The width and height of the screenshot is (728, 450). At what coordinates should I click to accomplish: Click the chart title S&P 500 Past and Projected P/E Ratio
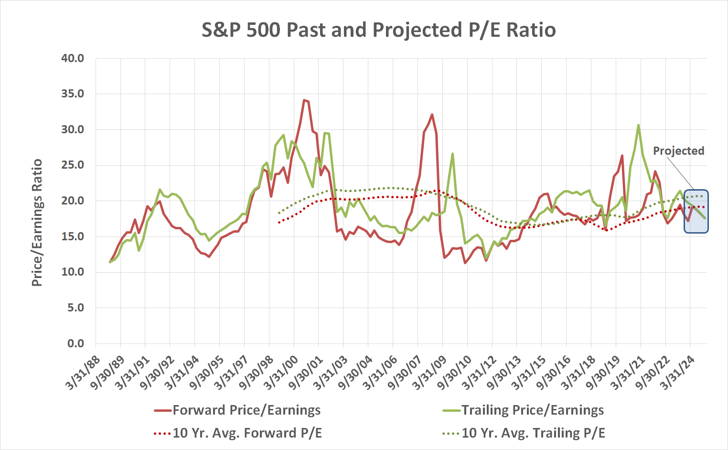pos(378,30)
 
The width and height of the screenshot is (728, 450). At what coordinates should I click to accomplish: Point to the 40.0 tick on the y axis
pos(73,58)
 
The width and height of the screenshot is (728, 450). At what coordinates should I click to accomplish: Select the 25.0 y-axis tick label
pos(73,165)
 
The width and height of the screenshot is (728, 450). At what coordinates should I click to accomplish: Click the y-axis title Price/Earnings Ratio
pos(37,223)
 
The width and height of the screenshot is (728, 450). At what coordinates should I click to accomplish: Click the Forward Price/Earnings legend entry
pos(237,410)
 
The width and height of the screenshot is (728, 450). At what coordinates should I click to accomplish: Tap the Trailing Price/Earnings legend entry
pos(523,410)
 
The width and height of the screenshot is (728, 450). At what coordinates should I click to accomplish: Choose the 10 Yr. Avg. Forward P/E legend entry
pos(237,433)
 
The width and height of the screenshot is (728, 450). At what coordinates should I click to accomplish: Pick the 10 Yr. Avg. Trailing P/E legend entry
pos(523,433)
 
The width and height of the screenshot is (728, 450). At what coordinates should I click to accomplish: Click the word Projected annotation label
pos(678,151)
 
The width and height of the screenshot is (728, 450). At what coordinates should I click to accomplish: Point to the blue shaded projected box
pos(696,212)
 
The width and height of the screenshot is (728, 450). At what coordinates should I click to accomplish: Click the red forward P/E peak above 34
pos(304,100)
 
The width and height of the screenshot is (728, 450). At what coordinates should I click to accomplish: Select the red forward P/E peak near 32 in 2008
pos(432,115)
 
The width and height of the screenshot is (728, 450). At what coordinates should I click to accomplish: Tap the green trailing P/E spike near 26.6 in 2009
pos(452,154)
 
